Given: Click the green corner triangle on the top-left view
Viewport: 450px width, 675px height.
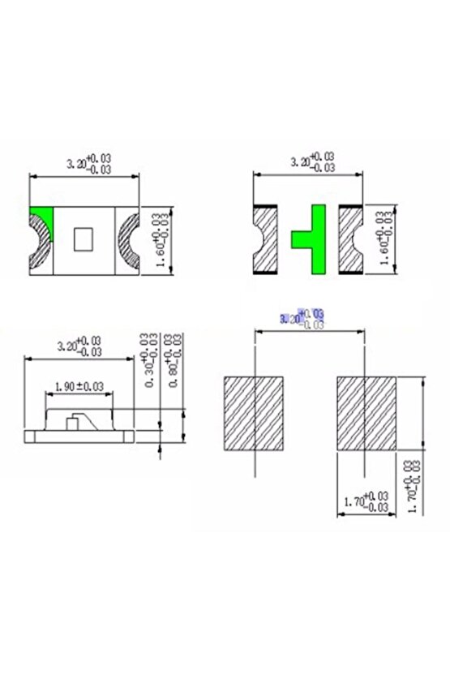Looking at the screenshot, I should coord(39,218).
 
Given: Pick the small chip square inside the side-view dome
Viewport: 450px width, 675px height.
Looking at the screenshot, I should coord(74,422).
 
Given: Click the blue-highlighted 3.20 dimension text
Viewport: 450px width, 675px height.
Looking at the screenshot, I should coord(301,317).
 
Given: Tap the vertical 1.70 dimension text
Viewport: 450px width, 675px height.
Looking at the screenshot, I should coord(413,487).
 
